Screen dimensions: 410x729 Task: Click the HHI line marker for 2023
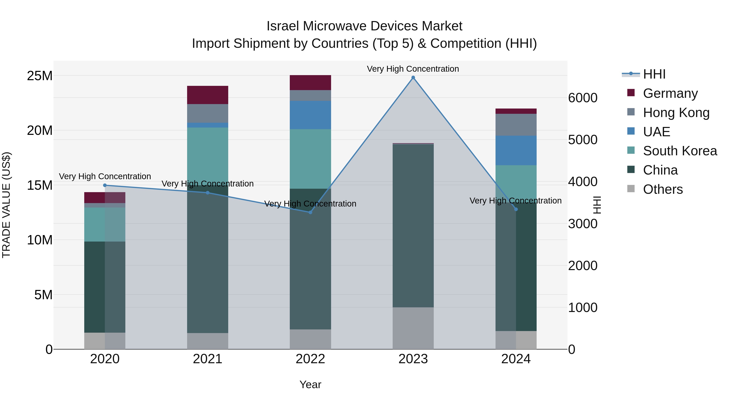(x=413, y=78)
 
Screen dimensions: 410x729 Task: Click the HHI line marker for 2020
(x=105, y=185)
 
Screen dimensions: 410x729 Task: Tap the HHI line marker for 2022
(x=310, y=212)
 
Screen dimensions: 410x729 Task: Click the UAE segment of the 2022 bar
(x=310, y=115)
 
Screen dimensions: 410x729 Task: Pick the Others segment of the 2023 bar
(x=413, y=328)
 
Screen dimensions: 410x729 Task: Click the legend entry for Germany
(x=670, y=93)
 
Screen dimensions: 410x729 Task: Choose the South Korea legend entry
(x=680, y=151)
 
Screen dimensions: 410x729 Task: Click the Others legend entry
(x=663, y=189)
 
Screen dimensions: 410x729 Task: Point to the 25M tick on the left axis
(x=40, y=76)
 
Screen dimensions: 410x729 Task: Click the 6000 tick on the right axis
(x=583, y=98)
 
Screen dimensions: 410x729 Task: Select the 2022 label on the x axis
(x=310, y=359)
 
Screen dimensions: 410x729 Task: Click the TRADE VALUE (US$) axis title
(x=6, y=205)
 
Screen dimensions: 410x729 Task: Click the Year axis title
(x=310, y=384)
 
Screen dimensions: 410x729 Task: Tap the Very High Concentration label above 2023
(x=413, y=69)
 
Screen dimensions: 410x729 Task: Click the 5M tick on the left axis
(x=43, y=295)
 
